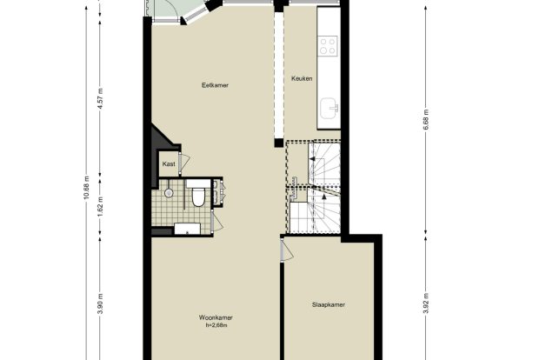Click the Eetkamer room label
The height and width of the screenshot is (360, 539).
tap(215, 85)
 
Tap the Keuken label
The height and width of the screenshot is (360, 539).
tap(302, 78)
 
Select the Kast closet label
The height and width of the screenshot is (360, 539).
tap(169, 164)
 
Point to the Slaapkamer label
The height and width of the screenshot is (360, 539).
tap(329, 304)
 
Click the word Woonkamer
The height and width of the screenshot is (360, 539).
tap(216, 317)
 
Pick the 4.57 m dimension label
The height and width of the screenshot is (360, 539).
tap(100, 98)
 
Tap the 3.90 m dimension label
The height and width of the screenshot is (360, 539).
tap(100, 303)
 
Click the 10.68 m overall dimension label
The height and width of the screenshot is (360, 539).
tap(86, 188)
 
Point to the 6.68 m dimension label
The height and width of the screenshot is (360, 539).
tap(426, 119)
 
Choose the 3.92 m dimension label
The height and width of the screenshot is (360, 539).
tap(426, 303)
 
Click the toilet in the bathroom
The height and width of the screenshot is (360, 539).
tap(197, 195)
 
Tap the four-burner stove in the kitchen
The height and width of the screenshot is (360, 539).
tap(327, 46)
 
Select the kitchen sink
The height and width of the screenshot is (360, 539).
tap(329, 109)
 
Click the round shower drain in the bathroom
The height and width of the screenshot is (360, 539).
tap(169, 193)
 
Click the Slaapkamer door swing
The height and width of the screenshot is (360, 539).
tap(287, 250)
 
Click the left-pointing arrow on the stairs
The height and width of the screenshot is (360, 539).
tap(312, 158)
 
